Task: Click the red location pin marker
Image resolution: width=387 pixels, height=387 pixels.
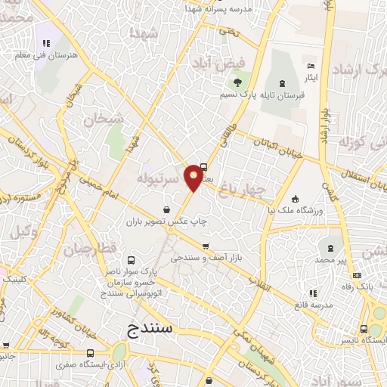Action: tap(194, 177)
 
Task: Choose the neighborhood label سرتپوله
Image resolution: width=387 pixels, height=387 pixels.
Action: tap(159, 179)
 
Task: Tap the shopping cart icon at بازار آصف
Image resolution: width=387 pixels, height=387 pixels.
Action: tap(206, 246)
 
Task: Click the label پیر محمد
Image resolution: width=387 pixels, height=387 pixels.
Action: tap(331, 259)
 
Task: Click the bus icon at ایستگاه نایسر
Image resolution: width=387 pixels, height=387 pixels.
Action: tap(367, 330)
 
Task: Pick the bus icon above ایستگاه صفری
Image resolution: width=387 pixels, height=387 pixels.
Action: tap(91, 352)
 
